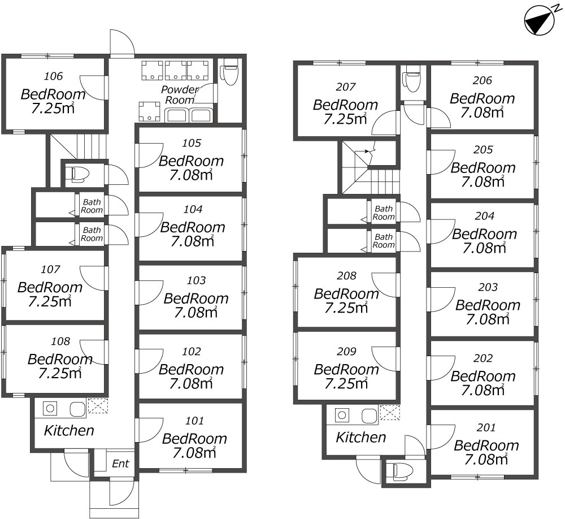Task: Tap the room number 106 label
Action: [53, 76]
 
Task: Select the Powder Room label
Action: [180, 94]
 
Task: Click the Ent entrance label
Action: [120, 464]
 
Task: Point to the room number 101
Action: [194, 421]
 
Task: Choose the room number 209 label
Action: [346, 351]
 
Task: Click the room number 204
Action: [484, 216]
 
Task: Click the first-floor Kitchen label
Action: [69, 430]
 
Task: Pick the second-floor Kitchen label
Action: [360, 437]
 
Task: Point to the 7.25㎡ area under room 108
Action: [60, 373]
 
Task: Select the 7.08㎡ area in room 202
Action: [483, 390]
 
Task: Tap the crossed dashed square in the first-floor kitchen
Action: [98, 405]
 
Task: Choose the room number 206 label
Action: [482, 80]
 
